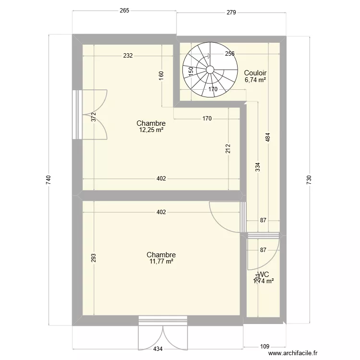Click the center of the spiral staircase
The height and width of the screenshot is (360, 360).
[x=210, y=69]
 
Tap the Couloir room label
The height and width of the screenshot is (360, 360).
[x=255, y=73]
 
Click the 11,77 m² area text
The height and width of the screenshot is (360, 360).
[x=161, y=262]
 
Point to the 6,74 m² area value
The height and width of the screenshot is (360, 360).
[x=255, y=80]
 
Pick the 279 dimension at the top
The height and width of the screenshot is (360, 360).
[x=231, y=12]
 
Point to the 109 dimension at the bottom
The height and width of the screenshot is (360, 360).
[x=264, y=346]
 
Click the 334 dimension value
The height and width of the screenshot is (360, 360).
[x=258, y=167]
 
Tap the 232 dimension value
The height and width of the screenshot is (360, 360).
[x=127, y=56]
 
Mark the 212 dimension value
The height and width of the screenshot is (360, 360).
[x=228, y=149]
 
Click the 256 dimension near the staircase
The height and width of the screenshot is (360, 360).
[x=229, y=54]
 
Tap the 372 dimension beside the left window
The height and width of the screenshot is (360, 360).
[x=94, y=117]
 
